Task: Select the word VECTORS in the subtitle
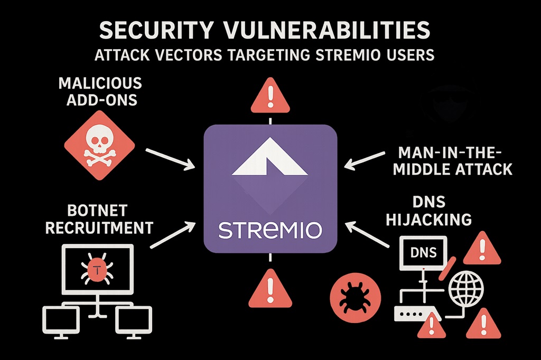[x=195, y=55]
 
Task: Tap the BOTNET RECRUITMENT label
[x=99, y=220]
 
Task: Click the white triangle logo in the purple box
[x=270, y=158]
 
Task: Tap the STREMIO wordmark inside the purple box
[x=270, y=230]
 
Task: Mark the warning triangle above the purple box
[x=270, y=97]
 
